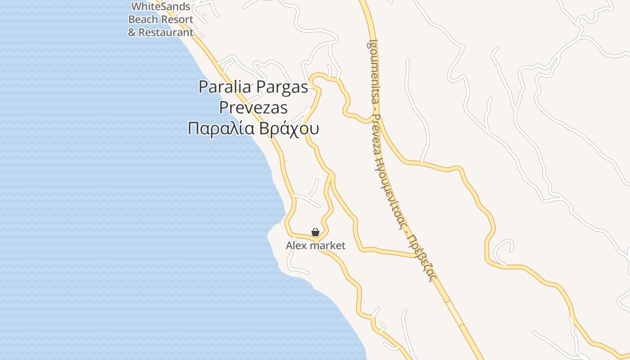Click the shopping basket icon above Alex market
point(315,232)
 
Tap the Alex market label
point(315,246)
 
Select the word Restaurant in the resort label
point(166,32)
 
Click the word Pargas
point(282,87)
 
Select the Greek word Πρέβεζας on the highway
point(420,256)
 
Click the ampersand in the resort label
point(132,32)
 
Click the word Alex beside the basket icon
point(295,246)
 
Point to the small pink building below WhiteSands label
point(202,35)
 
